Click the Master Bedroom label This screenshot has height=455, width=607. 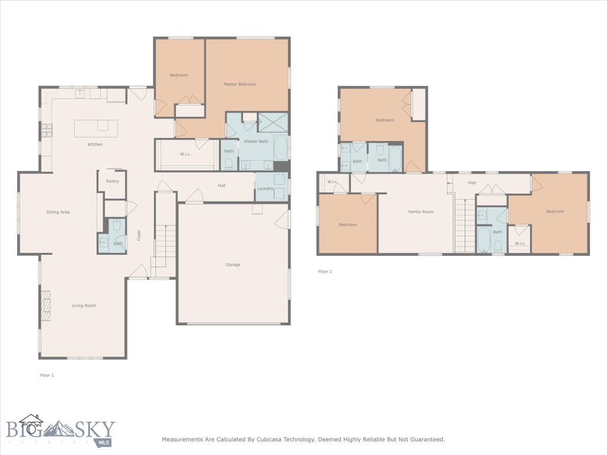pos(239,84)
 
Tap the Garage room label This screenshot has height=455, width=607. pos(233,265)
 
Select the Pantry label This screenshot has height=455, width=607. pos(112,181)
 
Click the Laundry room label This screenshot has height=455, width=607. pos(265,189)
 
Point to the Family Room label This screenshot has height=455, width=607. pos(421,212)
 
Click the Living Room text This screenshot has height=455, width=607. pos(84,306)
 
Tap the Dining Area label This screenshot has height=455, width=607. pos(58,212)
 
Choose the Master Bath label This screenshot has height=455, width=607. pos(256,141)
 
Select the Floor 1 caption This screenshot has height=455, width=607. pos(47,375)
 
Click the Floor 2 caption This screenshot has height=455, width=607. pos(325,271)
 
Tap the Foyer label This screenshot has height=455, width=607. pos(139,235)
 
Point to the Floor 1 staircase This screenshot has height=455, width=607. pos(164,243)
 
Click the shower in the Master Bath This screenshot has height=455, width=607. pos(273,122)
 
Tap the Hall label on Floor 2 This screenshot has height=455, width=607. pos(472,182)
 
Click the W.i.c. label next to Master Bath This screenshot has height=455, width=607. pos(186,155)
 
